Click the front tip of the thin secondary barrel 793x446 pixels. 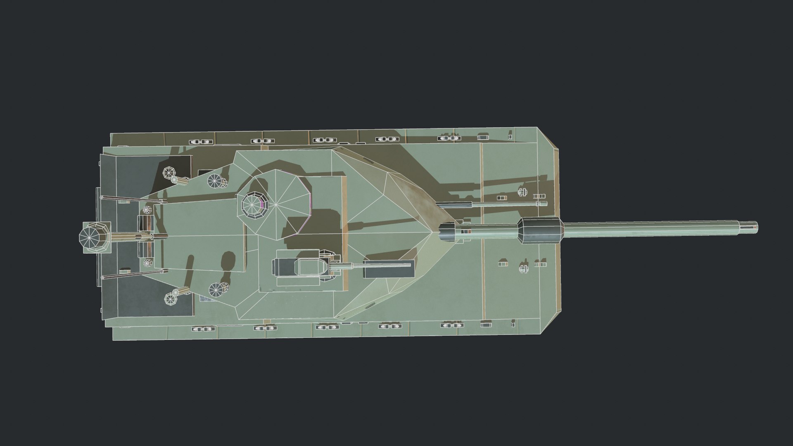coord(543,204)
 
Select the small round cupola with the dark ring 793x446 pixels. coord(252,204)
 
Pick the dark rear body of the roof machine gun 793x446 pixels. coord(285,267)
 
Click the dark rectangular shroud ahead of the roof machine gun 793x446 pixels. coord(387,269)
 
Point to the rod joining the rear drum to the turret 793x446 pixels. coord(132,237)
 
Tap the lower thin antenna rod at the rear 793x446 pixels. coord(132,275)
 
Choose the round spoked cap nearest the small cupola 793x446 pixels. coord(215,180)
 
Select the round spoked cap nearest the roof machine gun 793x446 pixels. coord(216,290)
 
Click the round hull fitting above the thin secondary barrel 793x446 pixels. coord(523,192)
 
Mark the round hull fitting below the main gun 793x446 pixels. coord(524,269)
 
